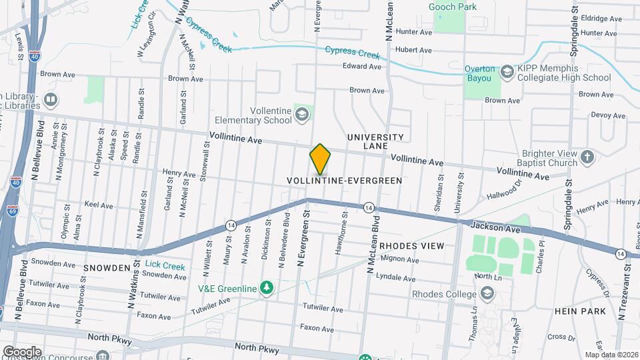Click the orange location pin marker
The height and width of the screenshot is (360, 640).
(x=320, y=159)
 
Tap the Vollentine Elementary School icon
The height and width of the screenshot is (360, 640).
(x=303, y=115)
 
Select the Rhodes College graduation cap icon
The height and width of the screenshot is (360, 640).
(x=488, y=293)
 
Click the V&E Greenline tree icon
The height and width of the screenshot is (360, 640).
(x=267, y=287)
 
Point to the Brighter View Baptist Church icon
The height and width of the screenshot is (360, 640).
(x=587, y=157)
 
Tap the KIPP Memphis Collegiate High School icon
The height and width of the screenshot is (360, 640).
(x=507, y=72)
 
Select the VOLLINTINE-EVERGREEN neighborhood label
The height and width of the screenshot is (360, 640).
(x=345, y=181)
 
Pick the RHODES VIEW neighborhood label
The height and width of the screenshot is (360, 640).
(x=411, y=246)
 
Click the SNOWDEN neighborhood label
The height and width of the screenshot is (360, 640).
(x=107, y=267)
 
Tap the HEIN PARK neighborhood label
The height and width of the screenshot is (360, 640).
(x=579, y=311)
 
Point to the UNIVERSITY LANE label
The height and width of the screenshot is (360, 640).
(x=376, y=141)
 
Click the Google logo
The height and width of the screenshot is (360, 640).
(x=23, y=351)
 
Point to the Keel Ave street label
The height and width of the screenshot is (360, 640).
(x=99, y=205)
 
